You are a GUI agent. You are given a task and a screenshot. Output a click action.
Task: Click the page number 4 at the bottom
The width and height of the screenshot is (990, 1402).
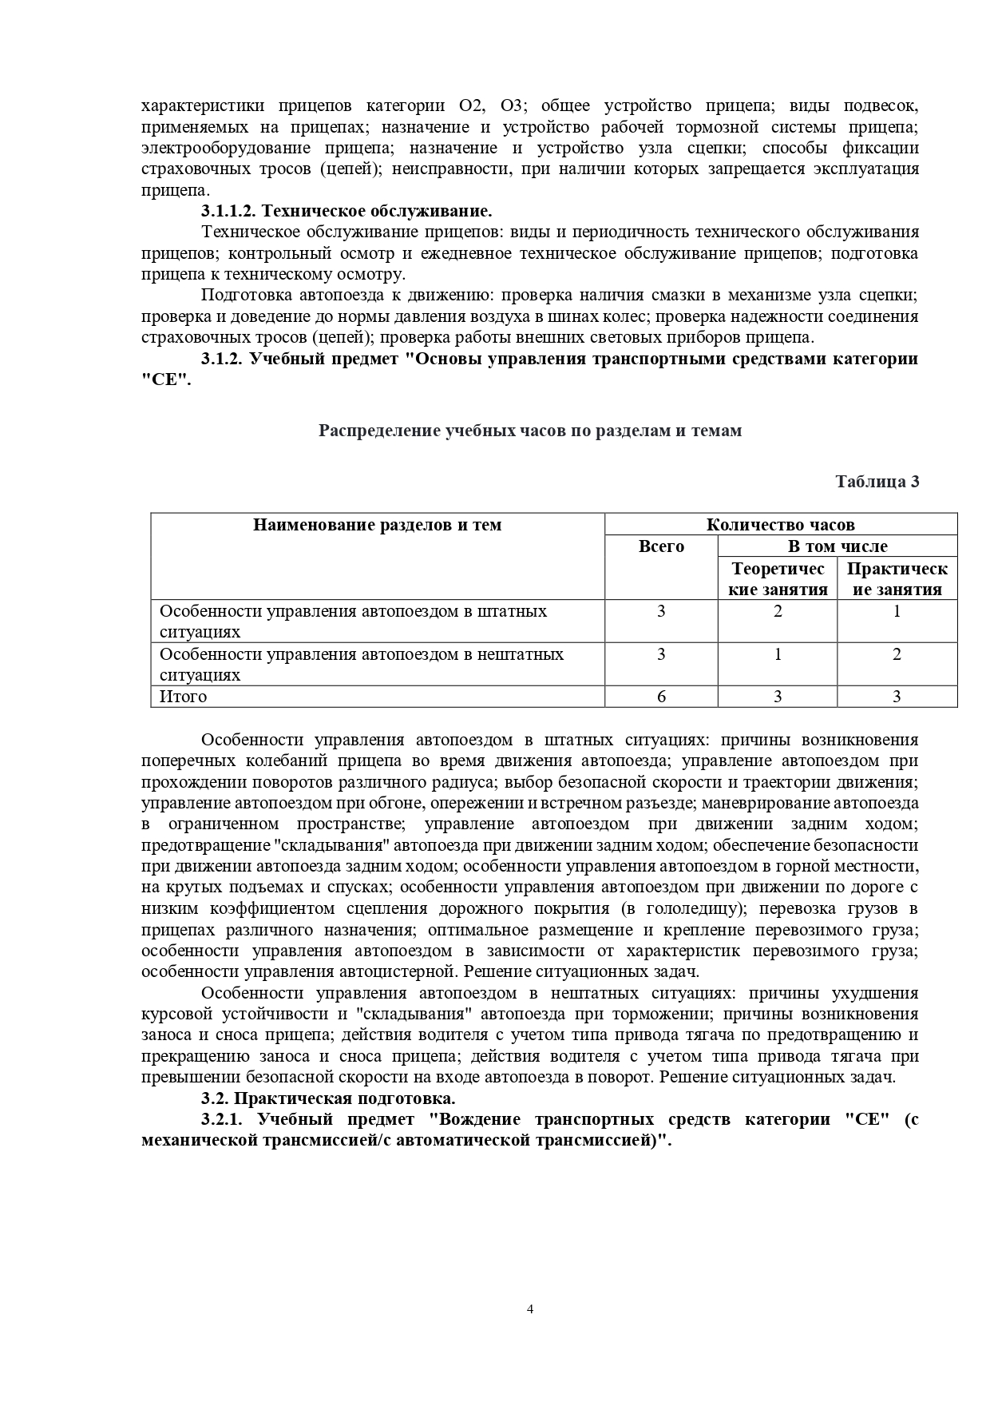tap(530, 1309)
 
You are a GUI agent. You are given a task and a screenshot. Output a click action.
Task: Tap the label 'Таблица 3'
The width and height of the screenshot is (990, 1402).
tap(877, 482)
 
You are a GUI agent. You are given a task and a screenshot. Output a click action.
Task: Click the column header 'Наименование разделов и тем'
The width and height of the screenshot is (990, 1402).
tap(378, 525)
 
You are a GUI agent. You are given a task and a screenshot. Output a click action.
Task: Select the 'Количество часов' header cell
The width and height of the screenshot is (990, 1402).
tap(780, 525)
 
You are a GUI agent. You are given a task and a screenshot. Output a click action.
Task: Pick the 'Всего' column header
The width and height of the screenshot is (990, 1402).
tap(661, 546)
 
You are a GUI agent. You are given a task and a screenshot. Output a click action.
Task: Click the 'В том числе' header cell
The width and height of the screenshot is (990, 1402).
tap(837, 546)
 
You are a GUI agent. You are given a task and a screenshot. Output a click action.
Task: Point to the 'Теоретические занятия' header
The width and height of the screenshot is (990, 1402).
tap(778, 579)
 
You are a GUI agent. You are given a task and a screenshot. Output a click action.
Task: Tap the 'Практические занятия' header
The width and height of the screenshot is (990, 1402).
tap(897, 579)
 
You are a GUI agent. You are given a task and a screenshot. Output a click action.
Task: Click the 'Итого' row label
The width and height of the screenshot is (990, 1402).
tap(184, 697)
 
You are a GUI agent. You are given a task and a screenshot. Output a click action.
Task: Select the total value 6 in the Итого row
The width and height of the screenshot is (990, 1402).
tap(661, 697)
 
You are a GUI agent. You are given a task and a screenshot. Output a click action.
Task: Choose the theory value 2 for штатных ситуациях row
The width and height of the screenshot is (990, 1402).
tap(778, 612)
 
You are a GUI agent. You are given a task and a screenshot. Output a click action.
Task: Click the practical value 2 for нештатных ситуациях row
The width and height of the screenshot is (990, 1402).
tap(897, 654)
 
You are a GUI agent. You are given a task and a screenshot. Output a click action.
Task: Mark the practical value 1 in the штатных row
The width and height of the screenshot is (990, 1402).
tap(897, 612)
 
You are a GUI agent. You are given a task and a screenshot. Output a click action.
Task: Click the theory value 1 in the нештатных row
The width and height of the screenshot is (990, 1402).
tap(778, 654)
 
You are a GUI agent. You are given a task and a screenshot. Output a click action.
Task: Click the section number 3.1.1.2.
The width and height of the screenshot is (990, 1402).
tap(229, 211)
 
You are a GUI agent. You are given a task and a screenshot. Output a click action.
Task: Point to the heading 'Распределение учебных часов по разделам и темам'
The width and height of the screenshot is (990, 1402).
tap(530, 431)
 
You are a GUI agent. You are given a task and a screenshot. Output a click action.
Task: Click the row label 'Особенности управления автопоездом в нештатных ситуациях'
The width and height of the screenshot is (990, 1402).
tap(362, 664)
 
